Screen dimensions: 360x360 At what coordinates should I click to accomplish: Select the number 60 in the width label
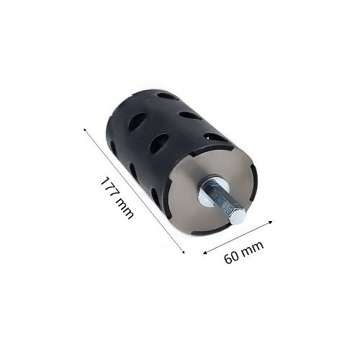(x=232, y=257)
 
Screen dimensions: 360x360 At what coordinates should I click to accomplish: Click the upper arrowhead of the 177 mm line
(x=85, y=130)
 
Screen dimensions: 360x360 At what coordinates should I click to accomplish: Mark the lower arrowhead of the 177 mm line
(x=184, y=252)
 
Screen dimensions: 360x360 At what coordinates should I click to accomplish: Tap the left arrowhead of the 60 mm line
(x=204, y=253)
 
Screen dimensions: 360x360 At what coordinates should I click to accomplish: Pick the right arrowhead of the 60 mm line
(x=271, y=222)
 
